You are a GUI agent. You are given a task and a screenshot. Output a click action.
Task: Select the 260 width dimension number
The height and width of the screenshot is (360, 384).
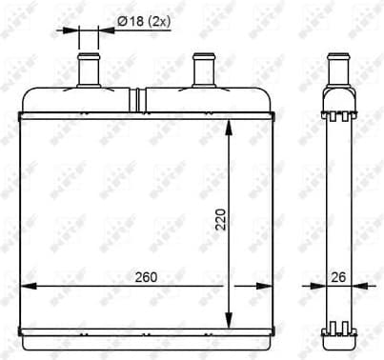click(145, 277)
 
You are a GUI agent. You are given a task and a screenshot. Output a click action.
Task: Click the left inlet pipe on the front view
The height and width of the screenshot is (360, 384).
click(90, 70)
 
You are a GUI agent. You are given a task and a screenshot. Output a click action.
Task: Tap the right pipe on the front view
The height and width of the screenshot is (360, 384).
click(202, 70)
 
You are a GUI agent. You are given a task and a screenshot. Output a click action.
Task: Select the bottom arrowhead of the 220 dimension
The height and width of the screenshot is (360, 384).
click(230, 321)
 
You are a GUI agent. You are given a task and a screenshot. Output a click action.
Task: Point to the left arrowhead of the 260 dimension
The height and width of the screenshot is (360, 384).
click(25, 287)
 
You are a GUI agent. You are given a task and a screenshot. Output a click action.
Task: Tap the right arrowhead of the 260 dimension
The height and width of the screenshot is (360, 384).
click(269, 287)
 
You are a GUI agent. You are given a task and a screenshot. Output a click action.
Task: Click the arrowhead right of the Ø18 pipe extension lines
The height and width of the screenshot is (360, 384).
click(106, 30)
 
